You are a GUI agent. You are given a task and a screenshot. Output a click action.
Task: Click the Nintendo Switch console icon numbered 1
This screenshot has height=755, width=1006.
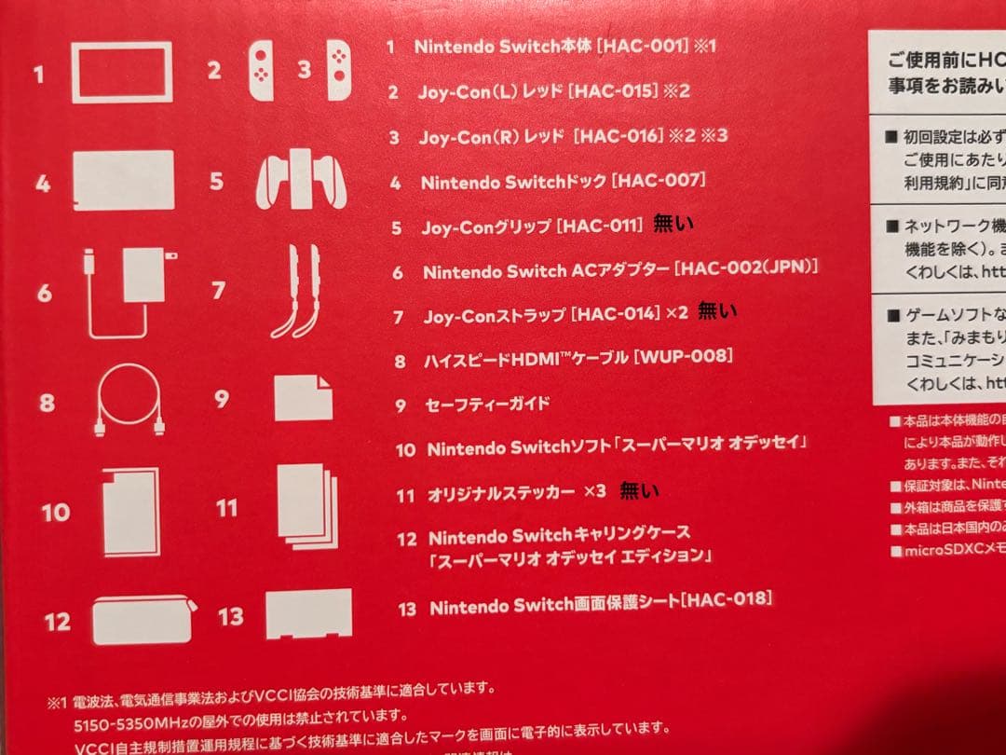121,73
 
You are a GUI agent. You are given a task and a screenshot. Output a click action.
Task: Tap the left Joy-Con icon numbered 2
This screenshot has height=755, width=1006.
262,72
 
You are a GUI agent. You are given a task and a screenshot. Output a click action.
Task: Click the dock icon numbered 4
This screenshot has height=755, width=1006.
123,180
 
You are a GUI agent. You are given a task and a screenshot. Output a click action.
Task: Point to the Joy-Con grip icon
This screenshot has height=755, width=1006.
300,179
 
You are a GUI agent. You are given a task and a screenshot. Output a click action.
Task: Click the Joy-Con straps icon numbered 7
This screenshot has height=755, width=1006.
295,291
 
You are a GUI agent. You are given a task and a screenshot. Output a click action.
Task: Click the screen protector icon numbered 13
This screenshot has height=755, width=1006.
308,612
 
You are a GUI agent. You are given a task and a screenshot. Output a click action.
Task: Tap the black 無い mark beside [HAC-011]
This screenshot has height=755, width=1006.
674,223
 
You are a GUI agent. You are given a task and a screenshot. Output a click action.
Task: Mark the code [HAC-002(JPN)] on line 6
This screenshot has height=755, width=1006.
747,269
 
